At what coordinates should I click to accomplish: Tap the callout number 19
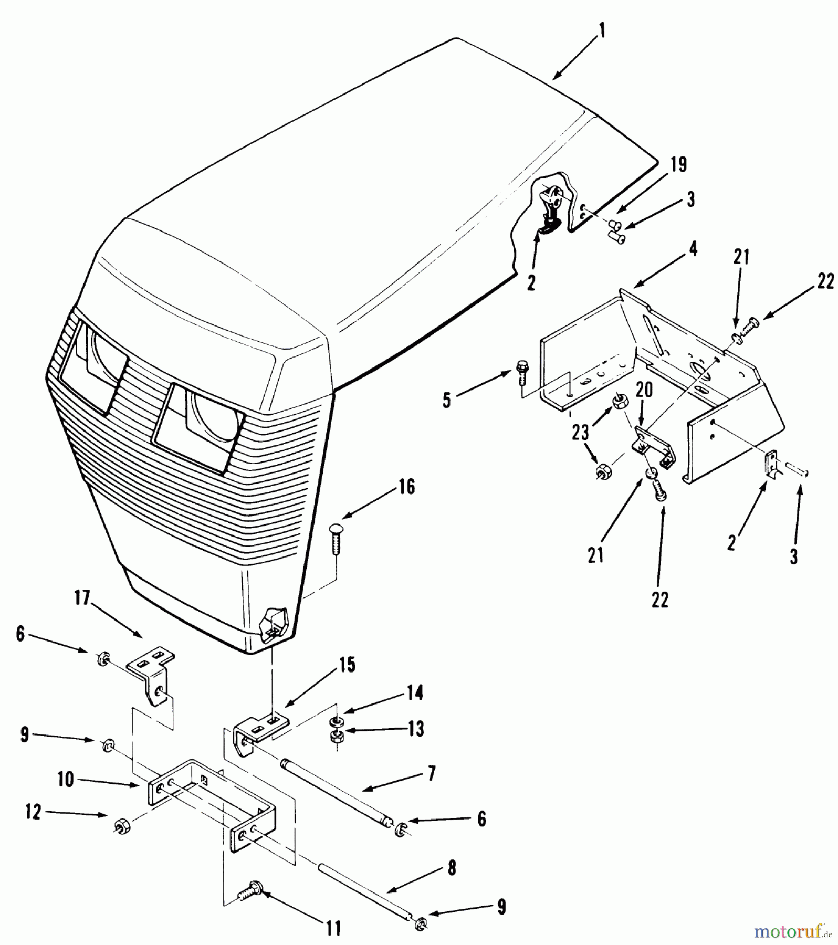[x=678, y=165]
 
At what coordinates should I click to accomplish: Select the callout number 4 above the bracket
[x=693, y=250]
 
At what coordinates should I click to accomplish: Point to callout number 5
[x=447, y=401]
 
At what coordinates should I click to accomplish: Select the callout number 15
[x=347, y=665]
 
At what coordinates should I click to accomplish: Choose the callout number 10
[x=66, y=780]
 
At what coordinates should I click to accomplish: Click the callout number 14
[x=415, y=693]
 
